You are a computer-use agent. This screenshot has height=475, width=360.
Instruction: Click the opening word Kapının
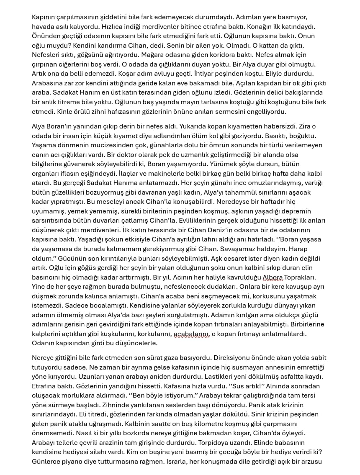pos(45,17)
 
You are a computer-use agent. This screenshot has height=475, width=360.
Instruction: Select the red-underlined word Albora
pos(273,277)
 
